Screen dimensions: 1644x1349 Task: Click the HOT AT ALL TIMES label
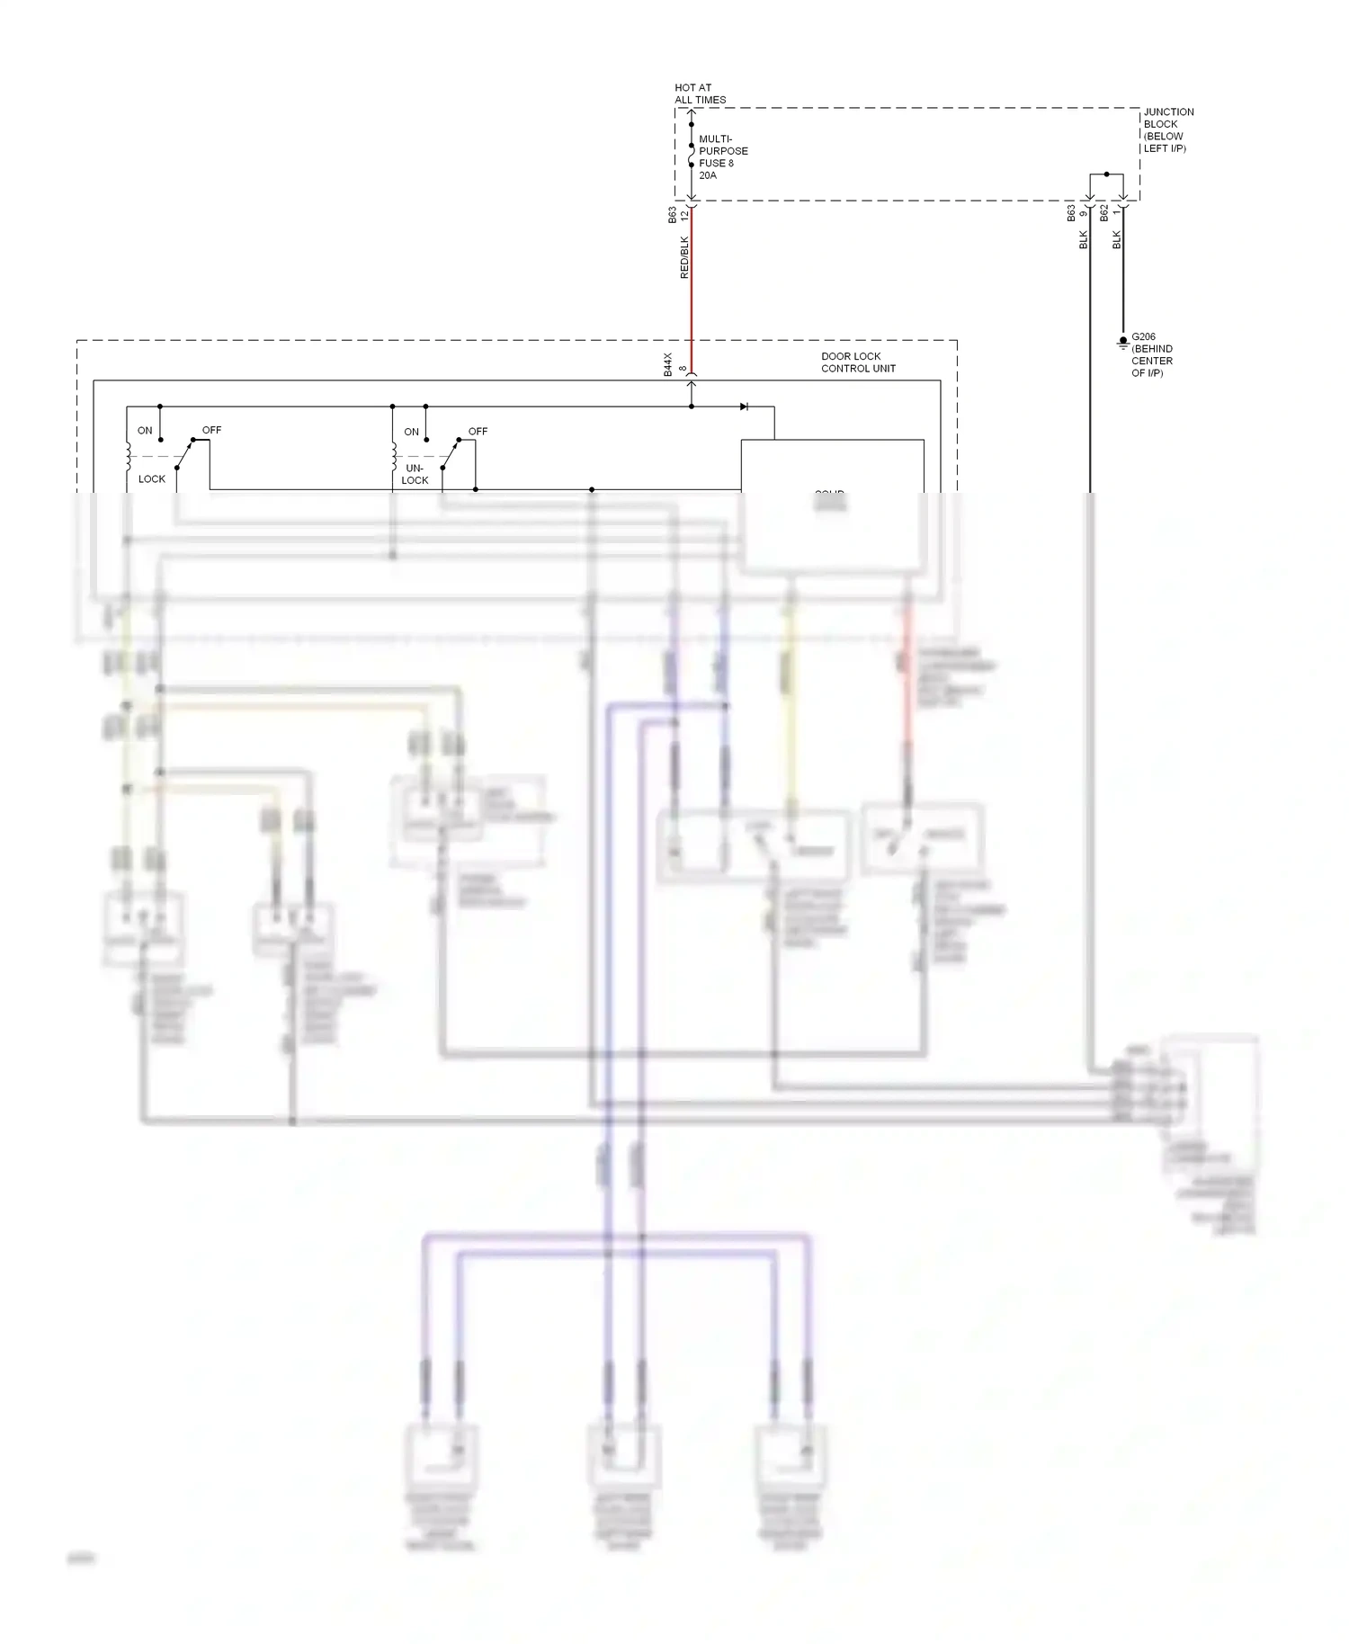click(700, 94)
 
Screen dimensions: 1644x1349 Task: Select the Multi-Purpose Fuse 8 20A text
click(722, 157)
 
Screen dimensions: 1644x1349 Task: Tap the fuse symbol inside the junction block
click(691, 158)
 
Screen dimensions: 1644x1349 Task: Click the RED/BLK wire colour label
click(684, 257)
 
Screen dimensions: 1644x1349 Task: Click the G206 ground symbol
click(1122, 343)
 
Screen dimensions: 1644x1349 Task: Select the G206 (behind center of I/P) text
click(1151, 355)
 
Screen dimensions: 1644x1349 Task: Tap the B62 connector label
click(1104, 213)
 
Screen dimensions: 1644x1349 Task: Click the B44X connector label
click(668, 364)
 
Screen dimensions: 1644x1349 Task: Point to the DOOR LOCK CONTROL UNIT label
click(857, 362)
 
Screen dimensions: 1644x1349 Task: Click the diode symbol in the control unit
click(744, 407)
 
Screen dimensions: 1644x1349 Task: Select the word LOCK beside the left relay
click(152, 478)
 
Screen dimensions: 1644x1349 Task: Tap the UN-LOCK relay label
click(415, 474)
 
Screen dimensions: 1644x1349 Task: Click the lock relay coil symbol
click(128, 458)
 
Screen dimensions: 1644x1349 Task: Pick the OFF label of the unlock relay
click(478, 432)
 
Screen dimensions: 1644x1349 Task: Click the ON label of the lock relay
click(145, 431)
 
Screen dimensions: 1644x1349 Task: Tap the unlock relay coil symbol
click(393, 458)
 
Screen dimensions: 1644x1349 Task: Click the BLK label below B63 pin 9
click(1084, 240)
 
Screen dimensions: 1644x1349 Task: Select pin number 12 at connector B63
click(684, 214)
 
